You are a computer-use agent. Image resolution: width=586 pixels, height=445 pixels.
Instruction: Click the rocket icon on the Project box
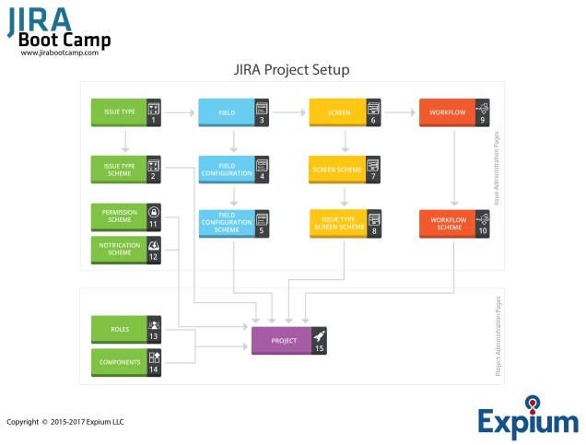click(x=319, y=337)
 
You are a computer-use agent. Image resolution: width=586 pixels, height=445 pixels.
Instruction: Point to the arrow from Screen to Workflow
click(x=400, y=112)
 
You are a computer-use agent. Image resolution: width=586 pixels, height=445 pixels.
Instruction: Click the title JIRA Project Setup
click(x=291, y=70)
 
